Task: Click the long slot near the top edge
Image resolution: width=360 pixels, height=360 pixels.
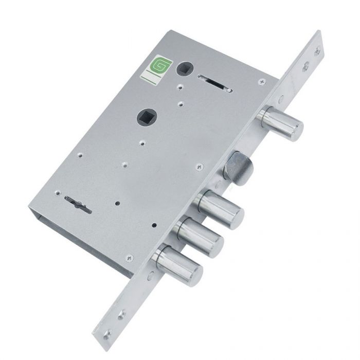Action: click(x=215, y=83)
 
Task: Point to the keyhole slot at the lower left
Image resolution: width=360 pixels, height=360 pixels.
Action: click(x=78, y=205)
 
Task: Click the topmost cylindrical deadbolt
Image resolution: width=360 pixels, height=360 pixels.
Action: click(x=280, y=123)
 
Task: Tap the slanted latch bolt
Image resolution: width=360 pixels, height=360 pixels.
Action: click(x=238, y=166)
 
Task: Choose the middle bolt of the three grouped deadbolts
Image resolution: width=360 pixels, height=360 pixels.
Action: click(x=198, y=238)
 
